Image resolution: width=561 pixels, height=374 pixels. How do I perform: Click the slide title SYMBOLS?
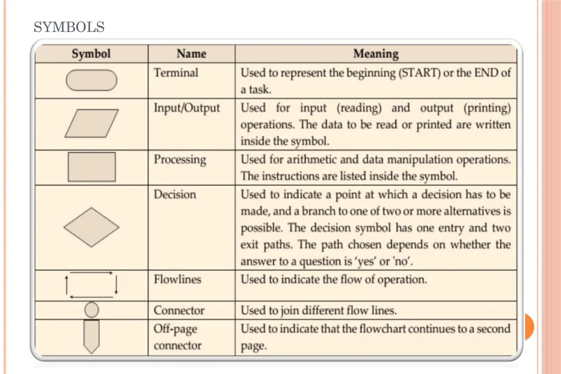69,27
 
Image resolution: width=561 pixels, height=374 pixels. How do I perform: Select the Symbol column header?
91,53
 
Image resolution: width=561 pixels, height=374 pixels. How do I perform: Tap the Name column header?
191,53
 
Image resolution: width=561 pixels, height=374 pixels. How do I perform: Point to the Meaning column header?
376,54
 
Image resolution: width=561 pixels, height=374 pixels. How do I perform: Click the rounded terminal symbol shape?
91,80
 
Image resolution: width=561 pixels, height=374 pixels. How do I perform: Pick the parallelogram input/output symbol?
91,123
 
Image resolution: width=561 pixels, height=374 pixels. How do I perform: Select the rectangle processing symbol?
92,167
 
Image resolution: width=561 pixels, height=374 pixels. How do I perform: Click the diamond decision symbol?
91,227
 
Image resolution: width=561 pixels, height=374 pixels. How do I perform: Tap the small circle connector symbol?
91,310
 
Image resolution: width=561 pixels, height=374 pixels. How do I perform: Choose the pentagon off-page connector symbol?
91,336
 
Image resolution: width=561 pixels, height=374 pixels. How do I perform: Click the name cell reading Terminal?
176,73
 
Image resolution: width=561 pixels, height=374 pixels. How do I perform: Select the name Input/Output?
187,108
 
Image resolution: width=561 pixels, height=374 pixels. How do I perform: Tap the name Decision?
175,195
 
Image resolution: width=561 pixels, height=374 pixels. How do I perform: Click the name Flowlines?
177,279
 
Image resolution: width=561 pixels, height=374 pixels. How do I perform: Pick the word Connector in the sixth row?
179,310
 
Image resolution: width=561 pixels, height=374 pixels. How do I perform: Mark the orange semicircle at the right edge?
529,326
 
